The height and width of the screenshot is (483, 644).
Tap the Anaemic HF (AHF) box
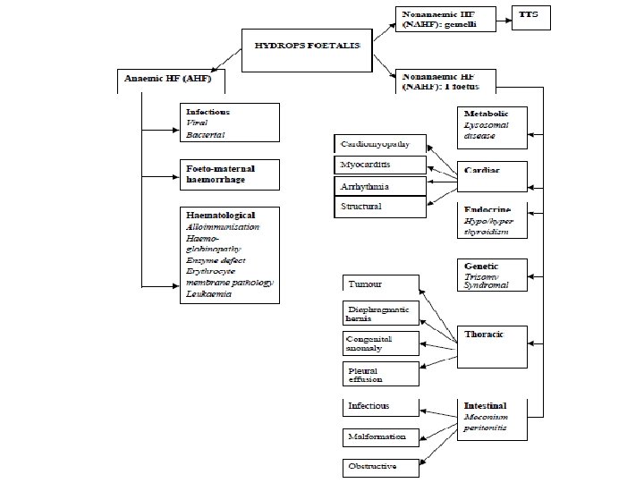point(170,80)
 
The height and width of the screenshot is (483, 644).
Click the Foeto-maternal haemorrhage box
point(230,174)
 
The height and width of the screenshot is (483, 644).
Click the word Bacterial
point(206,134)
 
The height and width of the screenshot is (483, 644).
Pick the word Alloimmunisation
point(223,227)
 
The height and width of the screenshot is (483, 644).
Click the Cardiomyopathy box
point(379,145)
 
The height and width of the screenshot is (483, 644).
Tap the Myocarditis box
point(379,165)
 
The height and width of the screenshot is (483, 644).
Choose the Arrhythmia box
point(379,186)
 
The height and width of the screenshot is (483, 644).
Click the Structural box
point(379,207)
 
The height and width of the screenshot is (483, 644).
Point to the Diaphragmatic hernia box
point(381,314)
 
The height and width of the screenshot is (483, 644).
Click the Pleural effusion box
point(381,374)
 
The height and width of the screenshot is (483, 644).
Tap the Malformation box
point(381,436)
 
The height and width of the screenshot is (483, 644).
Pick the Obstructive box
point(381,467)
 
